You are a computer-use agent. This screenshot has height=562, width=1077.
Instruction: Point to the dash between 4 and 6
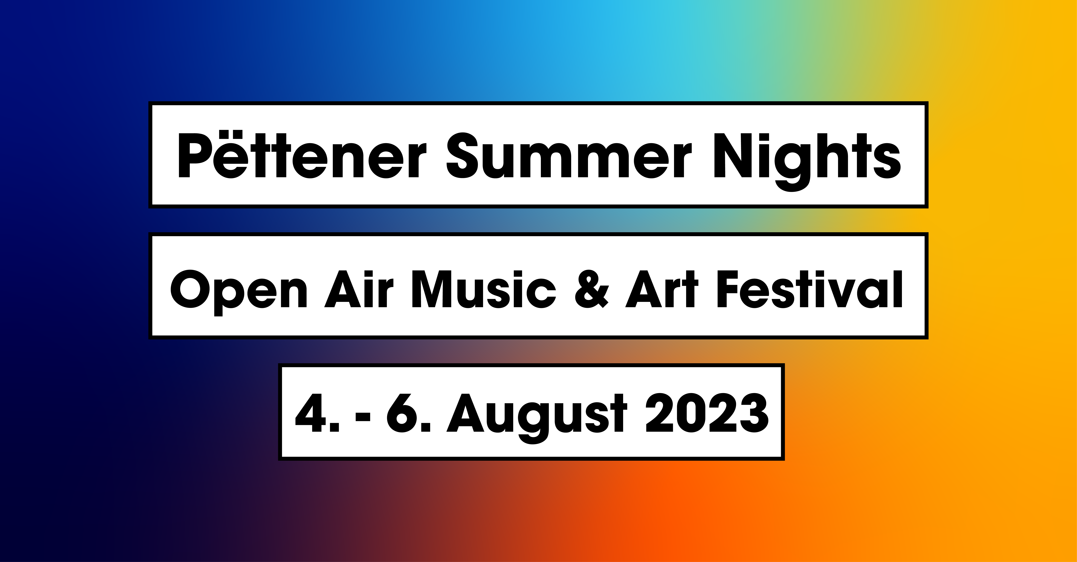coord(363,416)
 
